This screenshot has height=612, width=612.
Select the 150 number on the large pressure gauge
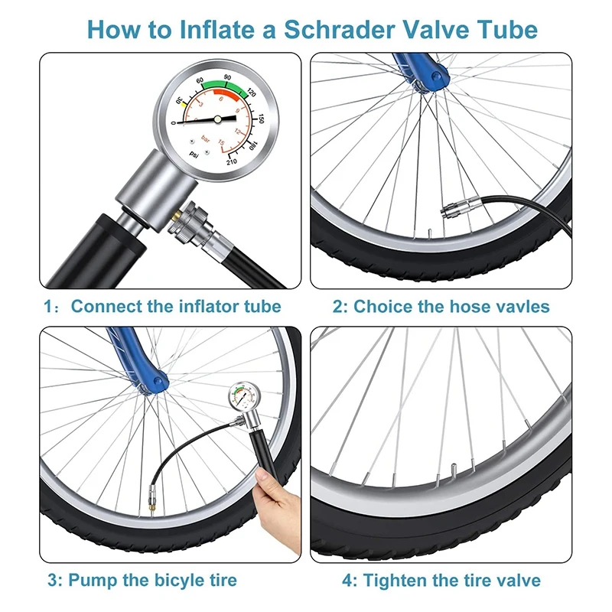pos(260,119)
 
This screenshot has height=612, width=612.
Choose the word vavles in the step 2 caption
pos(523,307)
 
